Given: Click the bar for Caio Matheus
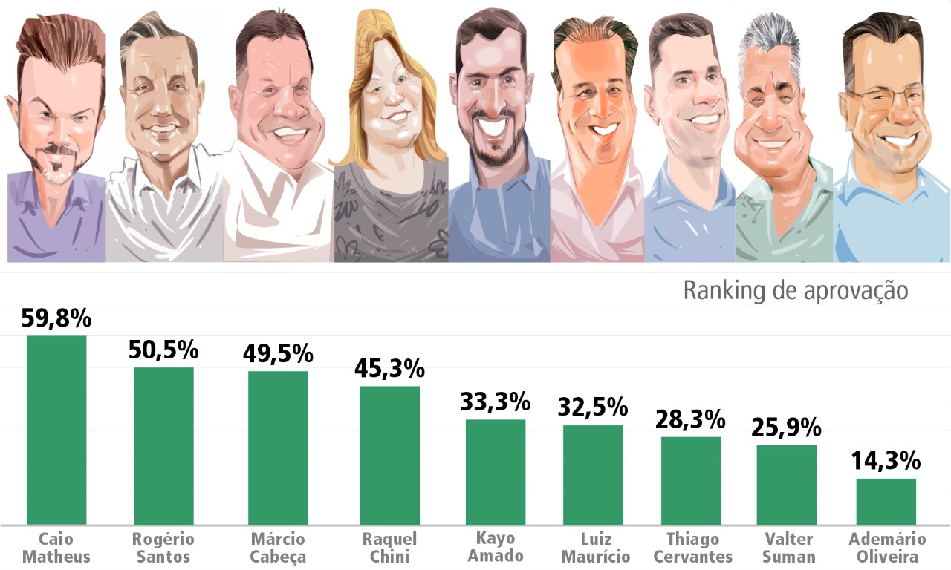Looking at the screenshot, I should tap(56, 430).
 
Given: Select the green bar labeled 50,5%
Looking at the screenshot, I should tap(163, 446).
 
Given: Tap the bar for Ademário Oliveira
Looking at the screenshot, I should tap(886, 502).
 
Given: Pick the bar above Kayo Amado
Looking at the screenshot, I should tap(496, 472).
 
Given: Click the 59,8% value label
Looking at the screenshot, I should tap(56, 319).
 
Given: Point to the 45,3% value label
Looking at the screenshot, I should tap(390, 367).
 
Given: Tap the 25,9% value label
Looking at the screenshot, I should tap(786, 427).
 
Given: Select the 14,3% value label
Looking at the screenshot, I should tap(886, 461).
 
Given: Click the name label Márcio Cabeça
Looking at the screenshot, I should tap(278, 548).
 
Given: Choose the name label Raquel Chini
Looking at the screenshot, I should tap(389, 548).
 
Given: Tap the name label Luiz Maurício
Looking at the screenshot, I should tap(596, 548).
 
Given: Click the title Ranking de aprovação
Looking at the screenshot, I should tap(795, 290).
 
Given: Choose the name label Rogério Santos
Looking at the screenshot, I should tap(163, 548).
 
